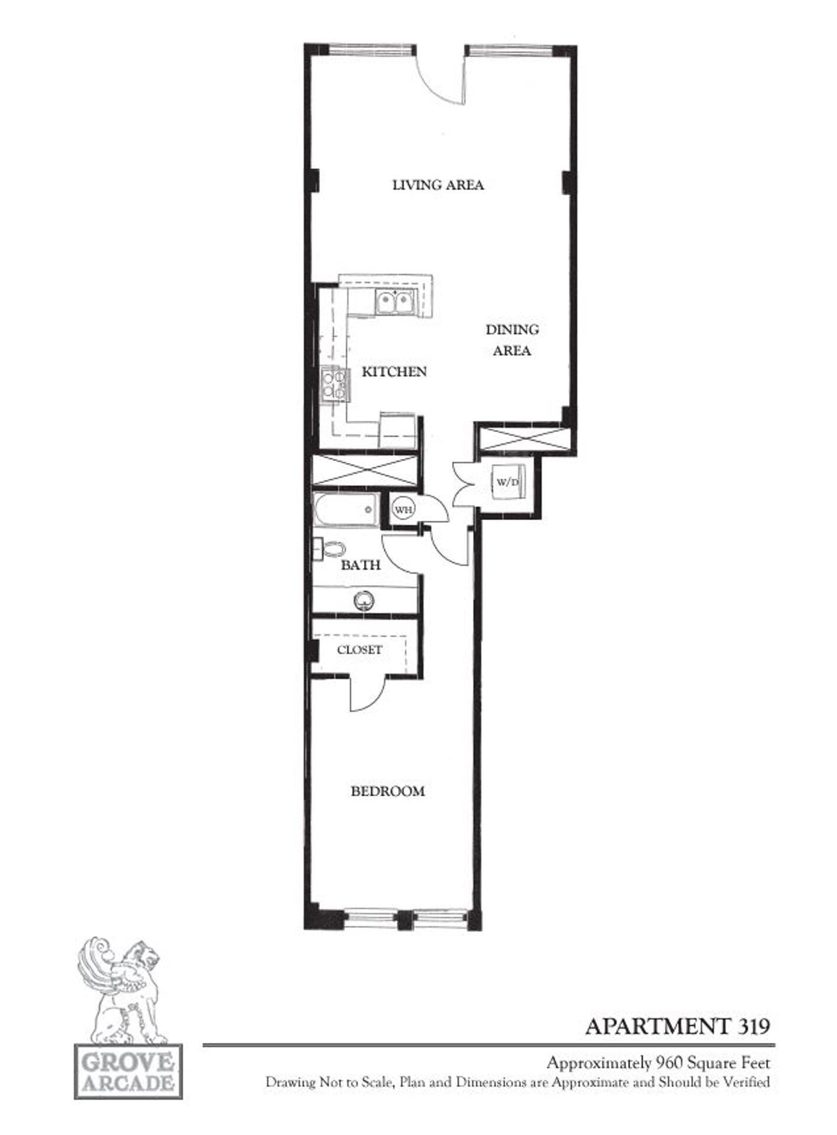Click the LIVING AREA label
tap(438, 185)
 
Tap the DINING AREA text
tap(512, 340)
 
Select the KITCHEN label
tap(394, 372)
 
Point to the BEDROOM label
tap(387, 791)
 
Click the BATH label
tap(360, 565)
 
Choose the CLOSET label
tap(359, 650)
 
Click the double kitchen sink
tap(395, 303)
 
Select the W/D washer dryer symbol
tap(508, 482)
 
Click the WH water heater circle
tap(403, 509)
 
